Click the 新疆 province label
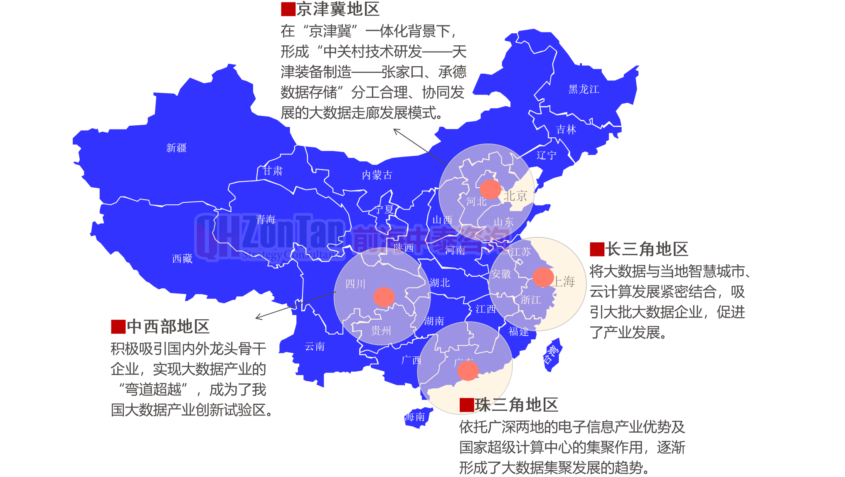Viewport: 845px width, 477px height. [176, 148]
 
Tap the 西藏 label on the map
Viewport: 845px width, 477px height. [182, 258]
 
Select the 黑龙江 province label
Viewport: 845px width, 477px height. [584, 89]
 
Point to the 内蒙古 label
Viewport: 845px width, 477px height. [377, 175]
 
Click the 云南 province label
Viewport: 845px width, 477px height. [314, 346]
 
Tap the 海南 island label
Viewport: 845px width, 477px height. [415, 417]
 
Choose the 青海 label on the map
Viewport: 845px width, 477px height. [266, 219]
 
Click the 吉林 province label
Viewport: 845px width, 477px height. [566, 129]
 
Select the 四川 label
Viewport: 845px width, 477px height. [355, 284]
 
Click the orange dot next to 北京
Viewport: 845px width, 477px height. [490, 189]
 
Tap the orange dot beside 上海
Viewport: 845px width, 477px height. [543, 277]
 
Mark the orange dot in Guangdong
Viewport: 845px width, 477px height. [468, 370]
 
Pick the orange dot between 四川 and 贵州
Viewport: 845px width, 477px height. [384, 297]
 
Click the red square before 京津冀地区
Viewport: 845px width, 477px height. [288, 9]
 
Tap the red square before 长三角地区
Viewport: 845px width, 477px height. [597, 249]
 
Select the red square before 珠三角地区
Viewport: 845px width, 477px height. [467, 405]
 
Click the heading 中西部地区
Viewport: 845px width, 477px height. [168, 326]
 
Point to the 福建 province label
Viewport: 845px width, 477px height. [518, 331]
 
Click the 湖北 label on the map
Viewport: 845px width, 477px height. [440, 283]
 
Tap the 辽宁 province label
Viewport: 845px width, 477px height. [546, 155]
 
